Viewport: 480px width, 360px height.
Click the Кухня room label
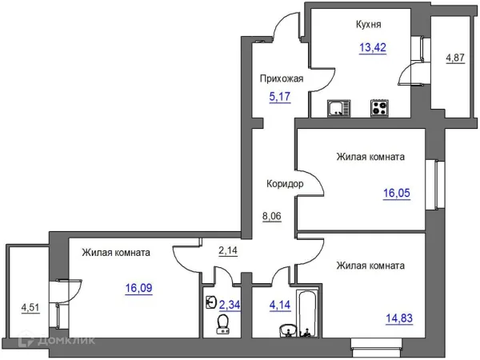(368, 25)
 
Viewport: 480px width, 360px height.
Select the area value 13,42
(373, 47)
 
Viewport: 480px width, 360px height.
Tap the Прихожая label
(282, 78)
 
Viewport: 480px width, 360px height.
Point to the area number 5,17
(280, 97)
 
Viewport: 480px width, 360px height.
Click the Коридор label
(285, 184)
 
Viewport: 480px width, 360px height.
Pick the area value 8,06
(272, 216)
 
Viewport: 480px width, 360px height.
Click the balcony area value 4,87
(455, 58)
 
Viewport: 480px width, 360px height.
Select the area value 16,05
(397, 193)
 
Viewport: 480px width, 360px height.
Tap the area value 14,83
(399, 318)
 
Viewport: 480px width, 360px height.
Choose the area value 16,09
(138, 288)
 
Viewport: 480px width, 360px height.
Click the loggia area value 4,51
(30, 308)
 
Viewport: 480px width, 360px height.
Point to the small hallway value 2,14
(228, 250)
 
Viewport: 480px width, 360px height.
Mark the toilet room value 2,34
(230, 305)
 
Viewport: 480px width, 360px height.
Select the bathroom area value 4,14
(280, 305)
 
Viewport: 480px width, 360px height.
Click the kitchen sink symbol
(338, 108)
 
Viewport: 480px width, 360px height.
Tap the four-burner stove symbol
(379, 108)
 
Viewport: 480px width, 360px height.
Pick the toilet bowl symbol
(223, 324)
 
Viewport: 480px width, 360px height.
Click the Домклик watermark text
(66, 341)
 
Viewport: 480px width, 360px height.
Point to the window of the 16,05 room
(435, 185)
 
